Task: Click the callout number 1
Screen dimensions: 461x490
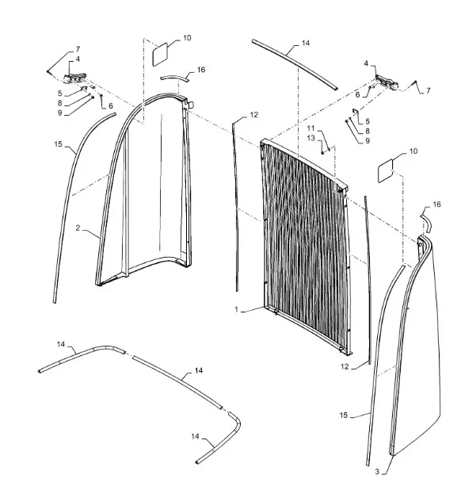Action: point(236,310)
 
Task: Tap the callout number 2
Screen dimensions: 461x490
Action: point(78,228)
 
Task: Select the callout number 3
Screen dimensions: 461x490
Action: point(377,472)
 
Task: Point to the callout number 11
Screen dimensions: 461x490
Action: point(311,128)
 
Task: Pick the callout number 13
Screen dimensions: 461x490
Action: point(311,138)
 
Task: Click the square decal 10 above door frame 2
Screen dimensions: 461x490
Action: point(160,55)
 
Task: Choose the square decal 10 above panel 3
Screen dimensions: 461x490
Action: point(385,171)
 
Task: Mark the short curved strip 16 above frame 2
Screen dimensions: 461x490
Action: point(175,78)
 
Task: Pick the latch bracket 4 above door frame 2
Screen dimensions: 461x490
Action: point(75,78)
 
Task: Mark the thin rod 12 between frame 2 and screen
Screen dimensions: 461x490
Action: point(235,206)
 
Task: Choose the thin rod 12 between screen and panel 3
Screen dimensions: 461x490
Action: point(368,280)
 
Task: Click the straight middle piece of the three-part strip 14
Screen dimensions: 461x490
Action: point(177,382)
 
